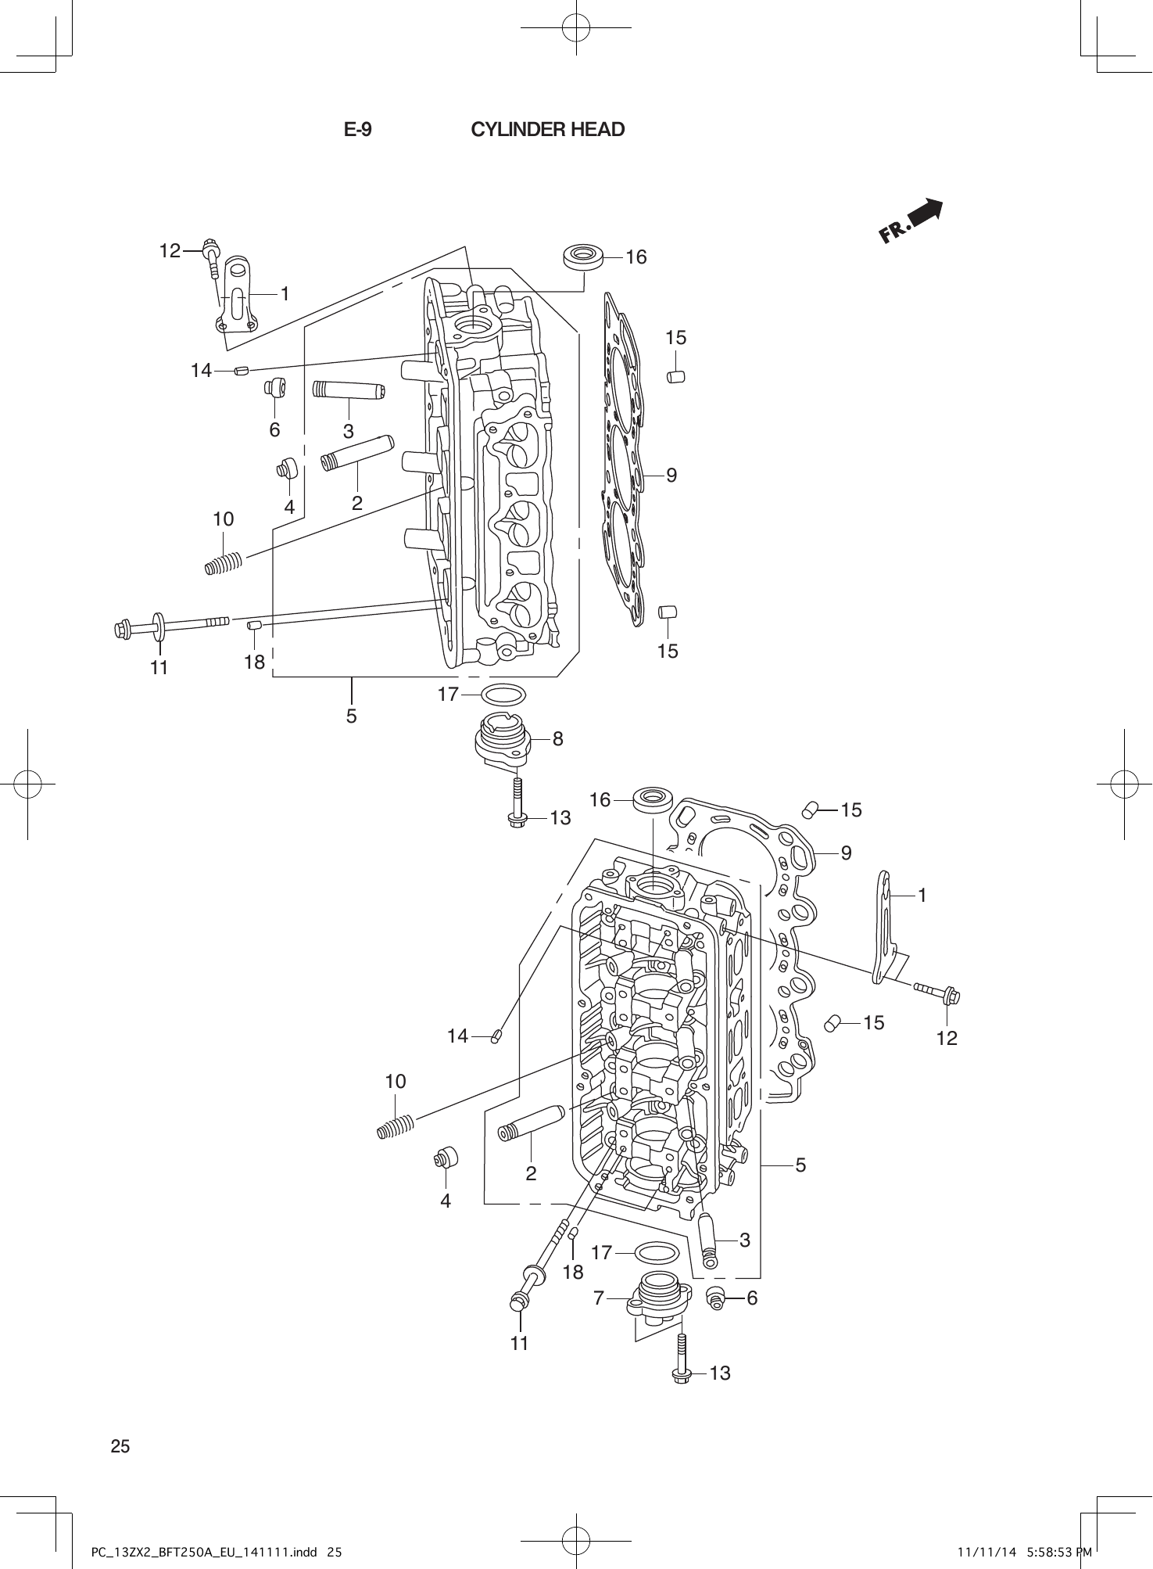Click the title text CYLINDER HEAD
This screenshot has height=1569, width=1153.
click(547, 130)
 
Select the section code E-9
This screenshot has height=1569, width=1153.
click(358, 130)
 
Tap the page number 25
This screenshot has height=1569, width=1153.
click(120, 1446)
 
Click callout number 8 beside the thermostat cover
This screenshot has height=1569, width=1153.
click(557, 738)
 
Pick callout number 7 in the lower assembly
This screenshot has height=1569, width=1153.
click(599, 1298)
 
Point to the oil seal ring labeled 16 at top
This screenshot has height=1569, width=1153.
click(583, 256)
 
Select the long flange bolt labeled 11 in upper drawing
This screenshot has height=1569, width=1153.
click(172, 624)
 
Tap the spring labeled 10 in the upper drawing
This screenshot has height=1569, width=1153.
click(224, 563)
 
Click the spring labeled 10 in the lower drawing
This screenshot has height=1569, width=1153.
click(396, 1127)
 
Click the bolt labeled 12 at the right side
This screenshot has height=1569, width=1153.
click(936, 993)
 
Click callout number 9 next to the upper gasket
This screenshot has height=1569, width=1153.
click(671, 476)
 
